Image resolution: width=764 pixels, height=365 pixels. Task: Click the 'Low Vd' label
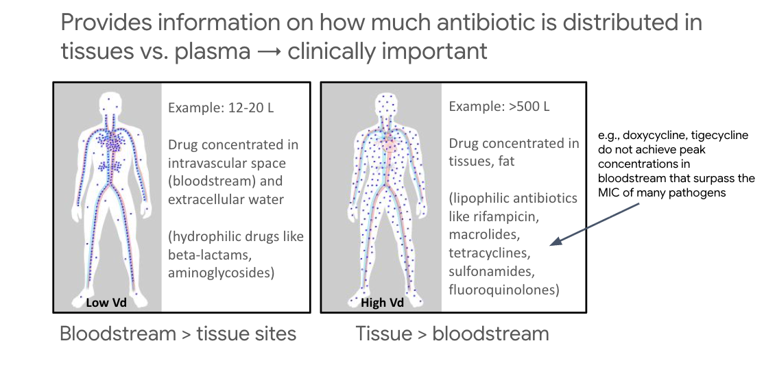click(106, 303)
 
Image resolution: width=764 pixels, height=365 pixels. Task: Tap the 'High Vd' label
click(383, 303)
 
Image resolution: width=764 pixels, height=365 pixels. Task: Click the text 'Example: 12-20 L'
click(221, 107)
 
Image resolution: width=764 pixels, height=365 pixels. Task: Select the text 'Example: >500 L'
click(499, 107)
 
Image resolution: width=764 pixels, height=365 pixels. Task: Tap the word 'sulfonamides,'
click(487, 272)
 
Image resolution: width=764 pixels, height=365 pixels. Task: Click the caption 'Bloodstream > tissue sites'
click(178, 334)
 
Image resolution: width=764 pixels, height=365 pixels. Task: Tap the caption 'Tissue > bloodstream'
click(452, 334)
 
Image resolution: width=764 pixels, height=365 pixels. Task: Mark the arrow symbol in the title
click(268, 51)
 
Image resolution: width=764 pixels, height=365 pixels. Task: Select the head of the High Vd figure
click(387, 104)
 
